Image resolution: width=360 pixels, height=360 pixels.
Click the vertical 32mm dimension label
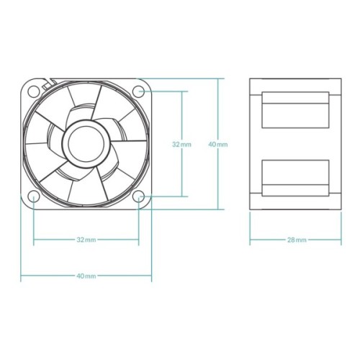pyautogui.click(x=181, y=144)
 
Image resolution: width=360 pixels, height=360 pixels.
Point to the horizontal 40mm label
pyautogui.click(x=86, y=276)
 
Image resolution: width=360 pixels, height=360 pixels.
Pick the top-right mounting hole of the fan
pyautogui.click(x=140, y=91)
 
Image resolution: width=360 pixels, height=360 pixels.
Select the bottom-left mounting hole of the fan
pyautogui.click(x=34, y=197)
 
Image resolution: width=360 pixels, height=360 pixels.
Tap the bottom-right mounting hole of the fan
pyautogui.click(x=140, y=197)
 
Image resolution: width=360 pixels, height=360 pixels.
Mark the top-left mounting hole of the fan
pyautogui.click(x=34, y=91)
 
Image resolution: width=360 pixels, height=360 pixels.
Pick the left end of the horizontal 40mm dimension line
pyautogui.click(x=21, y=276)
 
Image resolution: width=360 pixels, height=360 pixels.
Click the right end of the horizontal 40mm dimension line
pyautogui.click(x=152, y=276)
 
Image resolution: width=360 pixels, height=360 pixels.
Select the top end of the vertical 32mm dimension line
pyautogui.click(x=181, y=91)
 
